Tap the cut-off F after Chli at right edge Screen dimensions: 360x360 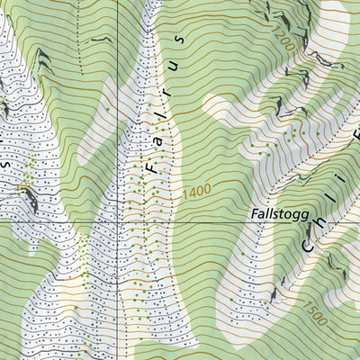click(354, 135)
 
